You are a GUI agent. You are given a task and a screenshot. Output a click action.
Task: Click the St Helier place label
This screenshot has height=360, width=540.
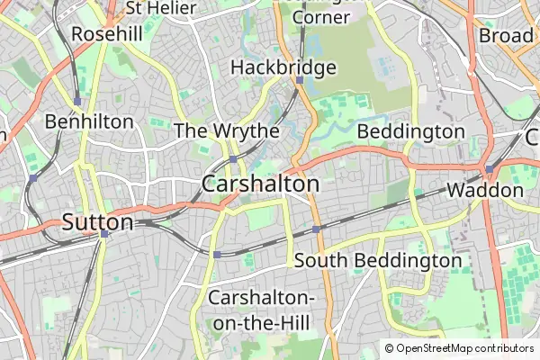pyautogui.click(x=160, y=8)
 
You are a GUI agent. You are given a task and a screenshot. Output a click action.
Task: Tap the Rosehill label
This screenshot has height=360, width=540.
pyautogui.click(x=108, y=33)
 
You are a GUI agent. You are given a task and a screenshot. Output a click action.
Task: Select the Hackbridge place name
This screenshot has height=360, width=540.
pyautogui.click(x=283, y=67)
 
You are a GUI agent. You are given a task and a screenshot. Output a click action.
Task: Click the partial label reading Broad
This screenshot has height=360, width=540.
pyautogui.click(x=506, y=35)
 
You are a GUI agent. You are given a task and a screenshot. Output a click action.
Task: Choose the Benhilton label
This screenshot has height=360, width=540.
pyautogui.click(x=89, y=121)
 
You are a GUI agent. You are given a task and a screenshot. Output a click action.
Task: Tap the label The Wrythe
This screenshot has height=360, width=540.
pyautogui.click(x=226, y=131)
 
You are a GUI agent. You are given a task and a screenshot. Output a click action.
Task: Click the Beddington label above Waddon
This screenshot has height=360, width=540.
pyautogui.click(x=411, y=132)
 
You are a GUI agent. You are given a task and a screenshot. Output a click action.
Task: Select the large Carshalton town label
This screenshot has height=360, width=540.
pyautogui.click(x=261, y=184)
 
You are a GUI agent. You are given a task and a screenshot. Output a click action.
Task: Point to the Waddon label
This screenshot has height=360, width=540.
pyautogui.click(x=485, y=191)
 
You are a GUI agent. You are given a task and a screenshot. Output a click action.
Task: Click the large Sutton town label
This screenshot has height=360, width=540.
pyautogui.click(x=98, y=222)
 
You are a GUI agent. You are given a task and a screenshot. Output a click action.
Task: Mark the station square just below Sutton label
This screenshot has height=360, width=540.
pyautogui.click(x=104, y=234)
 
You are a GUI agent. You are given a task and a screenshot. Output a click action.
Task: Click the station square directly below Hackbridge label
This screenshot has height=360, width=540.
pyautogui.click(x=298, y=79)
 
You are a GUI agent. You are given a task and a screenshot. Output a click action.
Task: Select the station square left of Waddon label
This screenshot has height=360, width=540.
pyautogui.click(x=489, y=169)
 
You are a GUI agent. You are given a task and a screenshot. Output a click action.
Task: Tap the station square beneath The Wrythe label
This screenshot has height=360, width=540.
pyautogui.click(x=232, y=159)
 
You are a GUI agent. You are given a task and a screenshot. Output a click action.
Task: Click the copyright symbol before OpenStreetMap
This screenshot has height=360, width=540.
pyautogui.click(x=390, y=348)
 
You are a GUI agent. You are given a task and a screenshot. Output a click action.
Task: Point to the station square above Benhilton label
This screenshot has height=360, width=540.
pyautogui.click(x=78, y=102)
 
